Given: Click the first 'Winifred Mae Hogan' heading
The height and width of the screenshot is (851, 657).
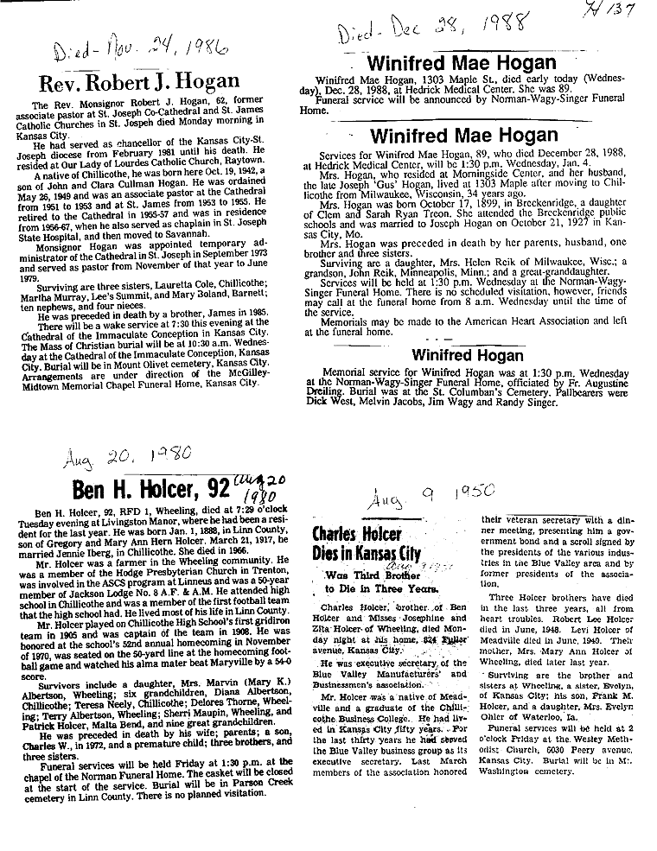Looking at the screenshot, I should pos(462,63).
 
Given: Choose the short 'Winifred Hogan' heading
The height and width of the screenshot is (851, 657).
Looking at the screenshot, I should pos(467,354).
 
